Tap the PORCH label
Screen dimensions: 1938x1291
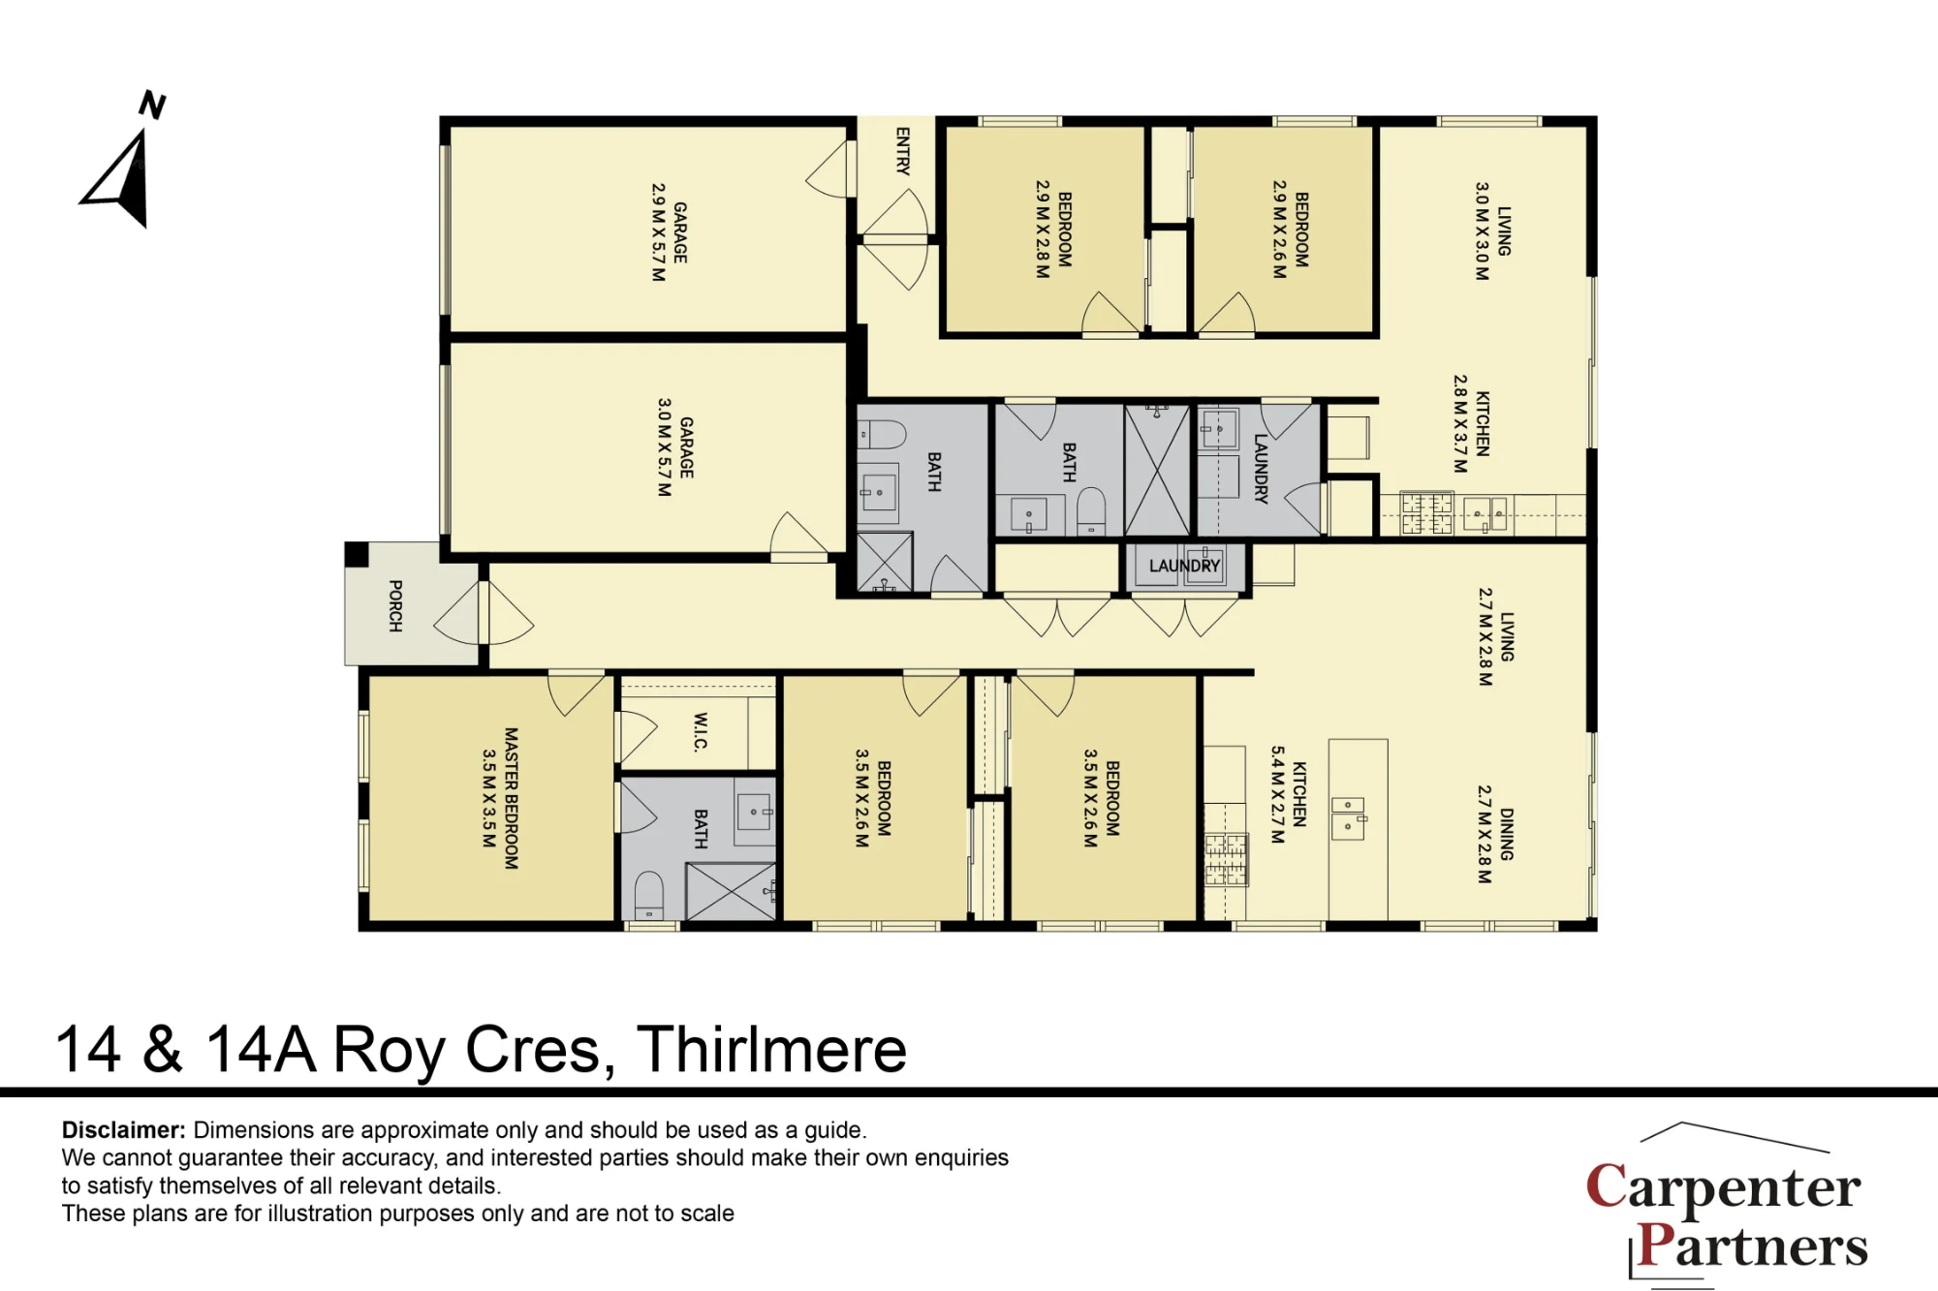[395, 606]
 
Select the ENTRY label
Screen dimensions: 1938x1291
[903, 151]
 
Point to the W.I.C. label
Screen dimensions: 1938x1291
[700, 731]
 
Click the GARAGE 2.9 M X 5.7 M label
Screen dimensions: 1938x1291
[670, 232]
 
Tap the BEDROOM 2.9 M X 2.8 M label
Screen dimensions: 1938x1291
[1053, 230]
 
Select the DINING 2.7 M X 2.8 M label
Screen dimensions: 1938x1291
[1495, 834]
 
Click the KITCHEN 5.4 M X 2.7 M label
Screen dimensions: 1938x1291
[1289, 794]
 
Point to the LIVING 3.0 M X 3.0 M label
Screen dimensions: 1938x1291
[1492, 231]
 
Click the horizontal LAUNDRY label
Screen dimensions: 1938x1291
[1184, 566]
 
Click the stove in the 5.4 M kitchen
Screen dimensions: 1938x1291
[1226, 860]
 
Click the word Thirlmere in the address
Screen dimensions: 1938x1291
[771, 1050]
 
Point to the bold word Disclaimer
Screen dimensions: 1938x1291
[123, 1130]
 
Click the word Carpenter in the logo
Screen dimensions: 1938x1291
[1723, 1187]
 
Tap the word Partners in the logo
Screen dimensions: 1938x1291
[1752, 1245]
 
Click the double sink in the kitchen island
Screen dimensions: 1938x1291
[1348, 818]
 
